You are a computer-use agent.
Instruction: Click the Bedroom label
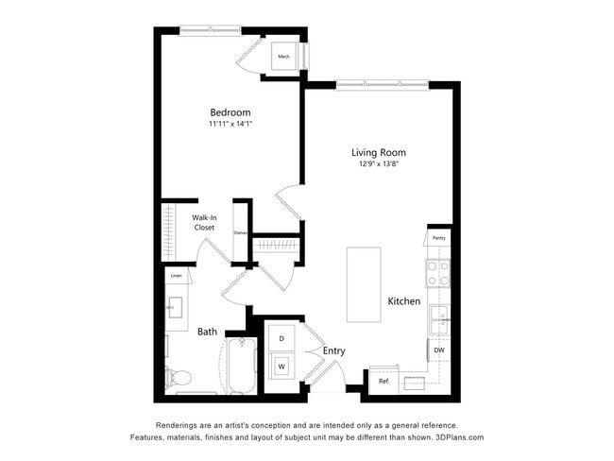tap(230, 112)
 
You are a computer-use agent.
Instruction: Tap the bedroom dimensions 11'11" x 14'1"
tap(230, 124)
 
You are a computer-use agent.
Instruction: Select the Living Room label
tap(378, 152)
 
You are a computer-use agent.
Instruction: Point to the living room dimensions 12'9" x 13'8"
tap(378, 164)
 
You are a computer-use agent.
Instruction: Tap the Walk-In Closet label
tap(204, 223)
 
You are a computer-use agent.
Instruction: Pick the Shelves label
tap(240, 232)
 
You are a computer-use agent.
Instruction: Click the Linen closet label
tap(176, 276)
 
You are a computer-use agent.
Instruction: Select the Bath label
tap(207, 332)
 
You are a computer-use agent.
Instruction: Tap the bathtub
tap(241, 366)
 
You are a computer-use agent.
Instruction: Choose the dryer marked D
tap(281, 337)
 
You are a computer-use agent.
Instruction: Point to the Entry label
tap(333, 351)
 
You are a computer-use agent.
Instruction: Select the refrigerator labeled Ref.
tap(384, 381)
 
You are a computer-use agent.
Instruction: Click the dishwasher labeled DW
tap(438, 350)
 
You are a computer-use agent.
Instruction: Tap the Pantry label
tap(438, 238)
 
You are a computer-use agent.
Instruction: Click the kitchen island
tap(364, 284)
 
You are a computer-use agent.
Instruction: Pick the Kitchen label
tap(403, 301)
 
